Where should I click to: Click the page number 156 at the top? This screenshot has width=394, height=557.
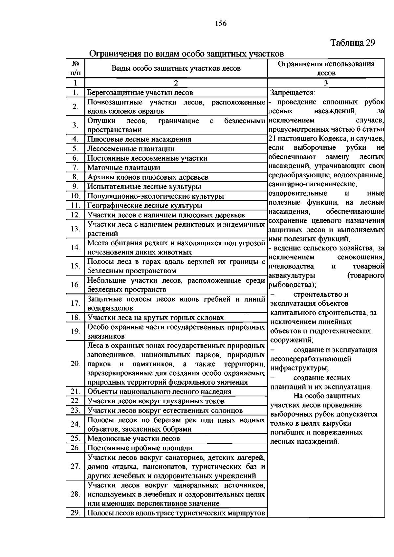coord(221,23)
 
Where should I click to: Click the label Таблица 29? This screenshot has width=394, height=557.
coord(352,43)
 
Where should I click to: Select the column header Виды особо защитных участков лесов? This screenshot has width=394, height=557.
coord(176,68)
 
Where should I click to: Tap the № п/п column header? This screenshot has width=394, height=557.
coord(76,68)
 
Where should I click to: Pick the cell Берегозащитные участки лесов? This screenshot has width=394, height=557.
coord(140,93)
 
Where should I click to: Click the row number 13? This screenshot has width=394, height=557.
coord(76,229)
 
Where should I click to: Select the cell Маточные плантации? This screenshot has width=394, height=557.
coord(124,168)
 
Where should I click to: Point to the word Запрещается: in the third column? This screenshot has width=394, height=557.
coord(292,93)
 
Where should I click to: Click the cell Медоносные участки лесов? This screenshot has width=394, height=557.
coord(134,439)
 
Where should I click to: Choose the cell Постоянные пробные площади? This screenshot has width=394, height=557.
coord(140,448)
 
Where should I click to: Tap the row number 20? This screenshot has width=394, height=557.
coord(76,364)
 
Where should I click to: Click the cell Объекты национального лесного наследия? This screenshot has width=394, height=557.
coord(159,392)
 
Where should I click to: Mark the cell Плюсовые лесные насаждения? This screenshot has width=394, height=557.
coord(139,139)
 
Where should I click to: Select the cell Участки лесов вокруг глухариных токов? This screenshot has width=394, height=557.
coord(156,401)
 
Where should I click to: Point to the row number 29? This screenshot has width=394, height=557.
coord(76,513)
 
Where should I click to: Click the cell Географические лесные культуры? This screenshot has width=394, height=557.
coord(145,206)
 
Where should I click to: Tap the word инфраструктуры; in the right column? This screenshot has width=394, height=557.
coord(299,368)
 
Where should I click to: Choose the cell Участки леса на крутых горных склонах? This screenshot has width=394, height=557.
coord(156,318)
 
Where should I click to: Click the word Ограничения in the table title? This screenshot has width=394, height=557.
coord(114,54)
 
